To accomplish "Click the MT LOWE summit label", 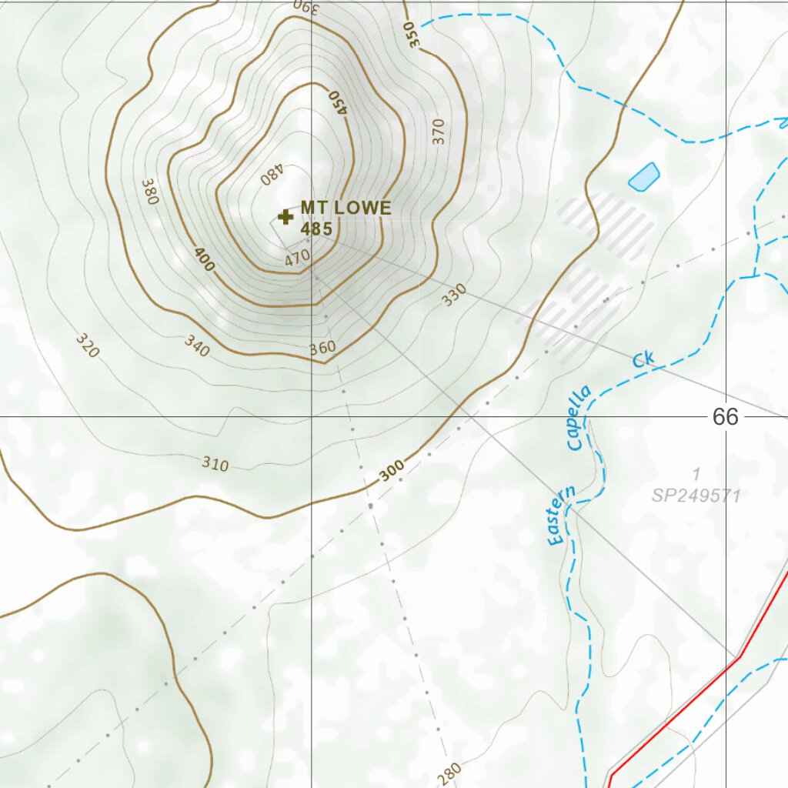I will click(x=346, y=208).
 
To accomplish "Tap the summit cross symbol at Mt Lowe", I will click(x=285, y=217).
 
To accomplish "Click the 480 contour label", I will click(x=272, y=176).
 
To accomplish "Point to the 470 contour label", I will click(x=297, y=259).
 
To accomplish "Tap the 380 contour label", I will click(x=149, y=192).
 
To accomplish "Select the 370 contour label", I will click(x=439, y=132).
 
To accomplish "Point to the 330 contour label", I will click(x=454, y=295).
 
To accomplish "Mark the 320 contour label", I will click(x=88, y=346).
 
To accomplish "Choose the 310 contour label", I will click(x=215, y=464).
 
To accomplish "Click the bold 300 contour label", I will click(x=392, y=472).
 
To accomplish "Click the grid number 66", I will click(x=725, y=417).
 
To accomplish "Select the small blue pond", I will click(x=643, y=177).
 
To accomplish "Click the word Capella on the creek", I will click(x=578, y=417).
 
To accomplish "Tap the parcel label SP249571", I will click(x=696, y=496).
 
